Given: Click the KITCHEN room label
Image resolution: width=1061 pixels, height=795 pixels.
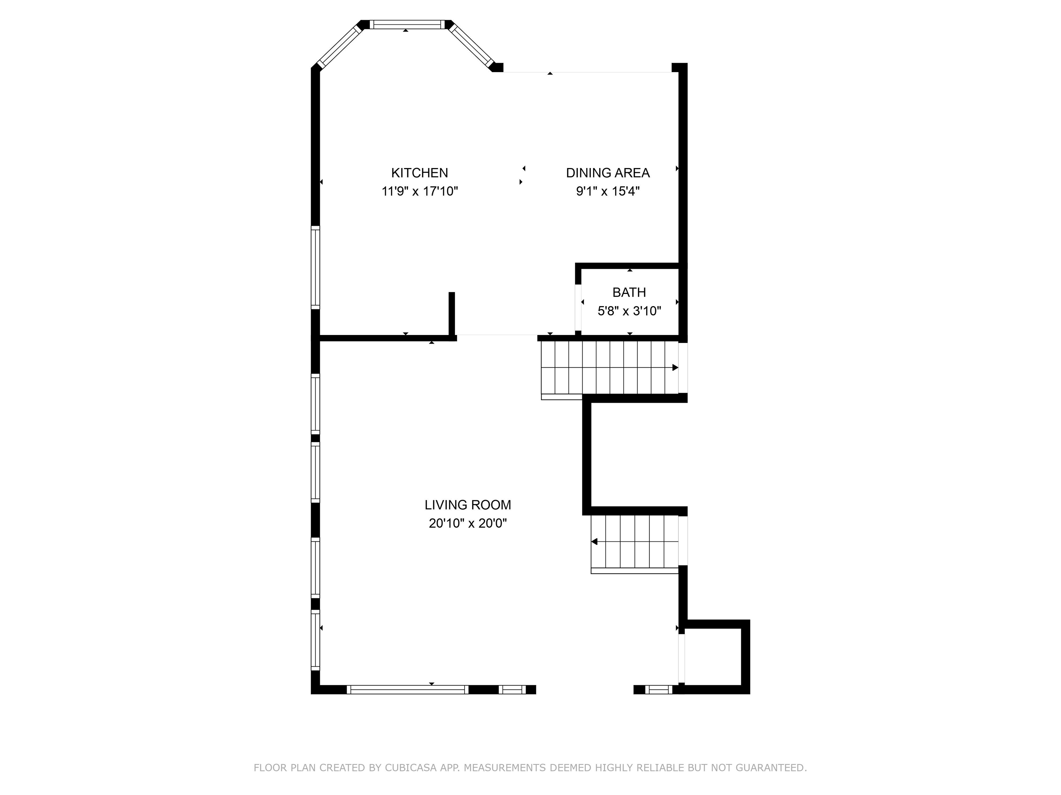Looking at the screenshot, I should tap(419, 173).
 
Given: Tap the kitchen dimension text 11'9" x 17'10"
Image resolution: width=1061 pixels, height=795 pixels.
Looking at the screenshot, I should tap(419, 191).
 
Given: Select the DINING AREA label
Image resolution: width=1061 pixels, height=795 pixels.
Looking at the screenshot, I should tap(608, 173).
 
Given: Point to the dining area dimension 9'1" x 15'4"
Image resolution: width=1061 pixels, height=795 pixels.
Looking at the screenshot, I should tap(608, 191).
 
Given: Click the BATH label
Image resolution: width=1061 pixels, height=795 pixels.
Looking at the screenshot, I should tap(629, 292).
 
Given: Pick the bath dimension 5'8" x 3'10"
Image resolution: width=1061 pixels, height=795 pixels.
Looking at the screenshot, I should tap(629, 311).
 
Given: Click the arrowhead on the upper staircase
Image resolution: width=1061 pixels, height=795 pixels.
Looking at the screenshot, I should tap(675, 367).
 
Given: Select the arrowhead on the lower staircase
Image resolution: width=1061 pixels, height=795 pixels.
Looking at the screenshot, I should tap(594, 541).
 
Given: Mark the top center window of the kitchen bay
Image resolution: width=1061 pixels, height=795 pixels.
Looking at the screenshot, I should tap(407, 24).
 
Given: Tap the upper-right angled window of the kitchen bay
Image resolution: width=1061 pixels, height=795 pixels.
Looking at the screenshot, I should tap(471, 46).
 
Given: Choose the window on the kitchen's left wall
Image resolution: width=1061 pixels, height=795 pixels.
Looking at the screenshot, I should tap(315, 267).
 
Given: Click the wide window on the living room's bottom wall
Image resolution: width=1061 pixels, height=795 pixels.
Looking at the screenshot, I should tap(407, 689).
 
